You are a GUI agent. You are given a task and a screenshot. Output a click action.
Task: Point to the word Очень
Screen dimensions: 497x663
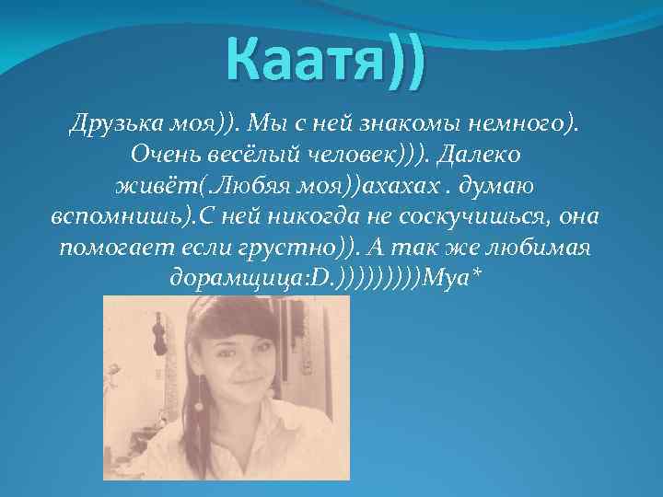[x=167, y=155]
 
